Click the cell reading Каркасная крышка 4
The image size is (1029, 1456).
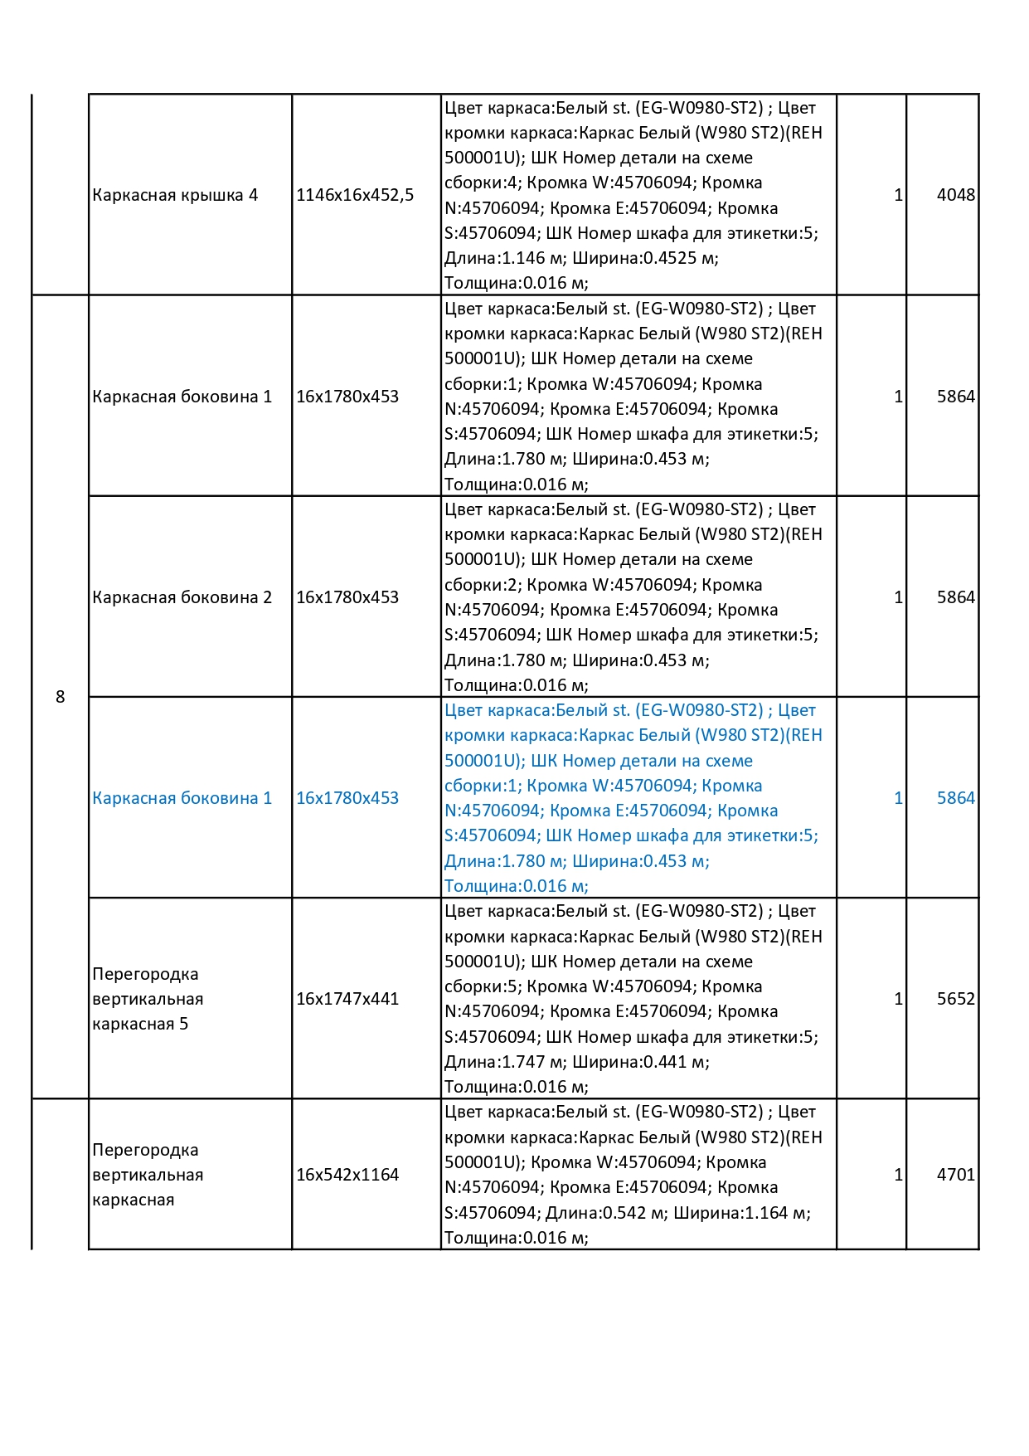point(175,195)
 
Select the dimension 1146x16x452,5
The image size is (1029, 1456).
point(355,195)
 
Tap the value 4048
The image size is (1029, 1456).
point(955,195)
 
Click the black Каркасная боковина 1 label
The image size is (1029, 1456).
point(182,397)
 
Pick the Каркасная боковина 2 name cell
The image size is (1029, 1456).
point(182,597)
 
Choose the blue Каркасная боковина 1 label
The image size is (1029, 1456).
point(182,798)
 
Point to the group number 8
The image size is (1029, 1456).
point(60,697)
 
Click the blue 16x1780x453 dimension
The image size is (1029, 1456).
point(347,798)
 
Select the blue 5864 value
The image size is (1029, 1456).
point(955,798)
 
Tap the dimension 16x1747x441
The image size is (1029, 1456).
point(347,999)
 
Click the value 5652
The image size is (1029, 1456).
point(955,999)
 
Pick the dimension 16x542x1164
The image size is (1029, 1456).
point(347,1175)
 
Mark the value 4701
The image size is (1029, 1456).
point(955,1175)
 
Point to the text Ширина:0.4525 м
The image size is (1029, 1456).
point(644,258)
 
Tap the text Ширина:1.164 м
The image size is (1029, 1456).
point(741,1213)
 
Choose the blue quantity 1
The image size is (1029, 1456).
point(898,798)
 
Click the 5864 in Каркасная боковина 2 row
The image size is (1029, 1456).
point(955,597)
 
